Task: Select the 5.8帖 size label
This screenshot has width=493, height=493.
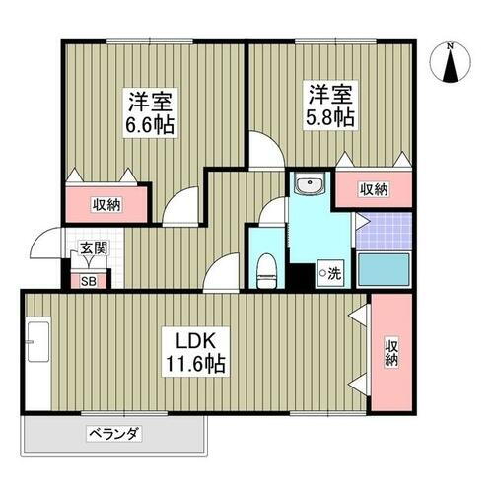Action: (x=331, y=114)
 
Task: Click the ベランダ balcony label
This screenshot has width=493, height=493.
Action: (x=115, y=432)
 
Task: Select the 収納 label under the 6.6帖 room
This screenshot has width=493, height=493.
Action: (x=107, y=204)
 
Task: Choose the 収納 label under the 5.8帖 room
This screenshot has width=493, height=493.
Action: (x=374, y=189)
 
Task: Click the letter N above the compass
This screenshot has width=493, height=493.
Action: (x=450, y=45)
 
